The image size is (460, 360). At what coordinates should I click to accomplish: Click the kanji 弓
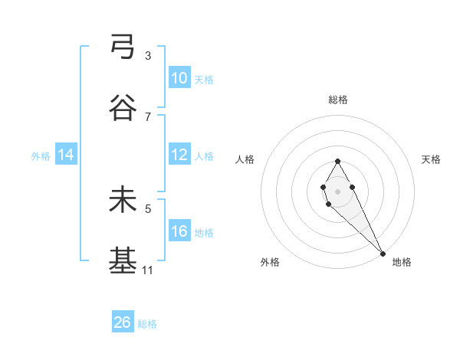[x=123, y=47]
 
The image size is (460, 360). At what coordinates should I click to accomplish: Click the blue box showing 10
[x=179, y=78]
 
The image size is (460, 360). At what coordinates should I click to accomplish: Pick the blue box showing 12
[x=179, y=155]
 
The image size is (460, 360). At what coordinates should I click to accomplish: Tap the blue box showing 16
[x=179, y=231]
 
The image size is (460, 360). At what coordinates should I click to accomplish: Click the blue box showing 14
[x=66, y=155]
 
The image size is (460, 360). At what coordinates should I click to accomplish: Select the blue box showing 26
[x=123, y=322]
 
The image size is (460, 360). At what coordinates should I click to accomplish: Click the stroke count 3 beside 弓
[x=148, y=56]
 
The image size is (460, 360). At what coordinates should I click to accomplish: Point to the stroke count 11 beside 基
[x=148, y=270]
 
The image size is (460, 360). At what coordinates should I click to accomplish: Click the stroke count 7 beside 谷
[x=148, y=116]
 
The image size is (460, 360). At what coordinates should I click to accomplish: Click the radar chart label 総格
[x=338, y=100]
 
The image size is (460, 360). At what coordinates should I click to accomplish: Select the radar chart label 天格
[x=431, y=159]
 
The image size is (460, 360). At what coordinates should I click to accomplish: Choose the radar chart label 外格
[x=270, y=262]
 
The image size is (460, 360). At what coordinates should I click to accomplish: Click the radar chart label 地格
[x=402, y=262]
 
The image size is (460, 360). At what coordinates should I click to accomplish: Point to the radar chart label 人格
[x=245, y=159]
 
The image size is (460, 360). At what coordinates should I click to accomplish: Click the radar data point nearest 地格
[x=383, y=253]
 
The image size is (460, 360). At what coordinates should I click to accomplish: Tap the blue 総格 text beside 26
[x=147, y=324]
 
